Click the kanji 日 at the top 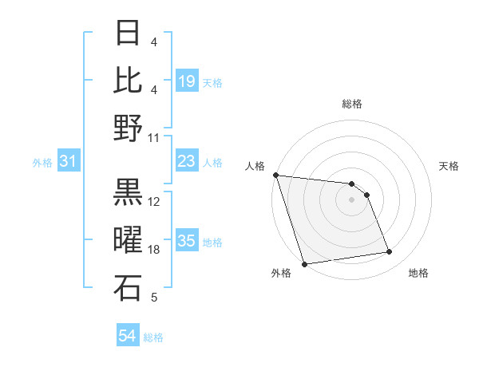[x=129, y=33]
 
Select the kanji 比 [x=129, y=81]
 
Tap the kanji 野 [x=129, y=128]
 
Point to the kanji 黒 [x=129, y=192]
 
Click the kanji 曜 [x=129, y=240]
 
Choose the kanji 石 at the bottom [x=129, y=288]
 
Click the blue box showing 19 [x=187, y=81]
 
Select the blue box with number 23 [x=187, y=162]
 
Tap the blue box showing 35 [x=187, y=241]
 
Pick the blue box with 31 [x=69, y=162]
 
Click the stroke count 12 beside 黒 [x=155, y=202]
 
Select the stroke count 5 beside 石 [x=154, y=298]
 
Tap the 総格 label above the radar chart [x=351, y=104]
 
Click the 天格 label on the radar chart [x=449, y=166]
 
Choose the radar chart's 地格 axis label [x=418, y=274]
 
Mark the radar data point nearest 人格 [x=275, y=175]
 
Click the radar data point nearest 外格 [x=305, y=264]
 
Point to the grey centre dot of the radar [x=351, y=199]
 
